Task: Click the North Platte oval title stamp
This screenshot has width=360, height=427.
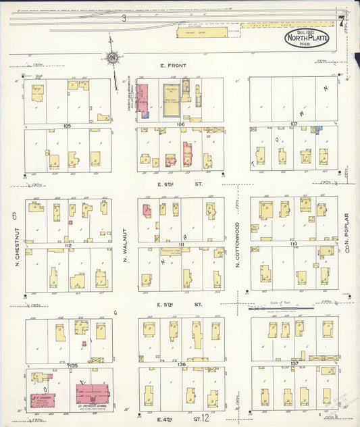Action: click(307, 37)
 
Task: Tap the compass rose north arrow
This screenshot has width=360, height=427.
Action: click(113, 58)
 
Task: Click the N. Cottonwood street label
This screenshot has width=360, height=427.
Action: click(238, 245)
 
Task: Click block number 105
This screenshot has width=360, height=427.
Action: click(67, 126)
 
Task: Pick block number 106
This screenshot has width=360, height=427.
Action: click(180, 125)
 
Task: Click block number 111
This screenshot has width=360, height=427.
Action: click(181, 245)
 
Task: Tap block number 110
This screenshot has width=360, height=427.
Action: click(294, 243)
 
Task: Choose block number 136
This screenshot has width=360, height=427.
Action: click(181, 364)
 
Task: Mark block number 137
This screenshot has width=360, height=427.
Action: click(294, 363)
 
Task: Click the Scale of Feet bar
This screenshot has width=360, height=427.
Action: click(292, 313)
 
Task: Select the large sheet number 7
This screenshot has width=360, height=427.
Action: click(342, 20)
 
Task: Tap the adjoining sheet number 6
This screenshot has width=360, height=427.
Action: click(14, 216)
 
